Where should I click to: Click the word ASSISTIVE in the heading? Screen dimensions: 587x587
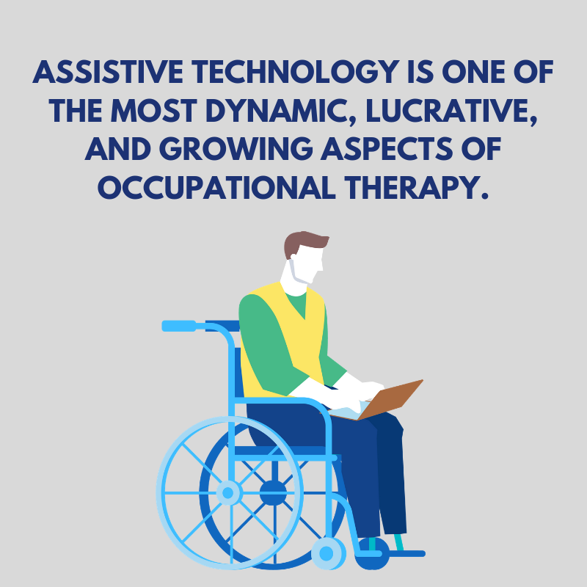coord(108,71)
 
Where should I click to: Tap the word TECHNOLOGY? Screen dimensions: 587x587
coord(296,71)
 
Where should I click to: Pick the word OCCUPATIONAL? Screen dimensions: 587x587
coord(216,187)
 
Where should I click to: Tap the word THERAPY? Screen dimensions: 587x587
coord(416,187)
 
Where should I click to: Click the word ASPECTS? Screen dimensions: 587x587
coord(387,149)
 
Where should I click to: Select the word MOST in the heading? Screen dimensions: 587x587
coord(153,111)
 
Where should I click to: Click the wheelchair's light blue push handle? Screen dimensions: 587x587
coord(179,326)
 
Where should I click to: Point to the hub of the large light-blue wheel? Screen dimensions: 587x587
coord(227,492)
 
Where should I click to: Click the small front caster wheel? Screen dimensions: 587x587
coord(327,553)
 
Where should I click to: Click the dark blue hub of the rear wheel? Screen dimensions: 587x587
coord(273,492)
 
